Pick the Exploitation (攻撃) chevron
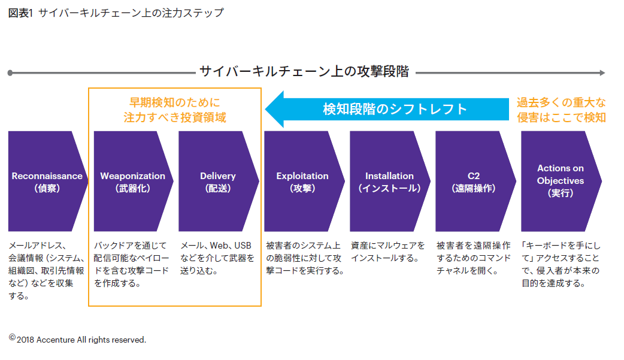[x=303, y=181]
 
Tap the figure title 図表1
[x=21, y=13]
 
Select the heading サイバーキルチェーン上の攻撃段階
[x=304, y=72]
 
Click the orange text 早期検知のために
[x=175, y=102]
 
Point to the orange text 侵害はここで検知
[x=561, y=117]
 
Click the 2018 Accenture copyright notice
[x=78, y=340]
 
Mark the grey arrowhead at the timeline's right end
[x=601, y=72]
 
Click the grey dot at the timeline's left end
[x=10, y=73]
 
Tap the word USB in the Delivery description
[x=243, y=246]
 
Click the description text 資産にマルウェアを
[x=388, y=246]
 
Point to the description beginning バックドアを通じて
[x=132, y=264]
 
